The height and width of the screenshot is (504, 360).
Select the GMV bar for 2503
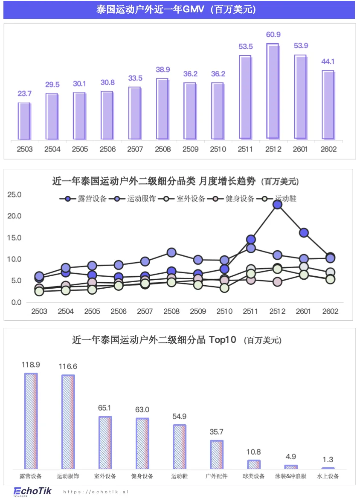pyautogui.click(x=24, y=121)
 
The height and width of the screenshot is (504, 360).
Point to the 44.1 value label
pyautogui.click(x=327, y=61)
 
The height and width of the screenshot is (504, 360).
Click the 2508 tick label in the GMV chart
pyautogui.click(x=163, y=149)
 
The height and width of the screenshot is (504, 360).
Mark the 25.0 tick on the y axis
pyautogui.click(x=14, y=195)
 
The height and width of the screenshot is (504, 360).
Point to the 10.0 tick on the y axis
pyautogui.click(x=14, y=259)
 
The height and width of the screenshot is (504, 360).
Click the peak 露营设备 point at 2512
pyautogui.click(x=277, y=205)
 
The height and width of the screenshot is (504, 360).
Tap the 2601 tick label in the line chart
pyautogui.click(x=303, y=311)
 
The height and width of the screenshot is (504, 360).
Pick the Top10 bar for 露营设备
pyautogui.click(x=31, y=421)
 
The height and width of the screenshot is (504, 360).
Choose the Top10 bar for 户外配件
pyautogui.click(x=217, y=455)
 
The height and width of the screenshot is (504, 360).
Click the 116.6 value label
pyautogui.click(x=68, y=366)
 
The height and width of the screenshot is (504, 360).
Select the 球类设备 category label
pyautogui.click(x=254, y=476)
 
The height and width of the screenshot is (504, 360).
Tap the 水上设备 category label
pyautogui.click(x=328, y=476)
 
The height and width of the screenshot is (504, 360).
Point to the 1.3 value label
pyautogui.click(x=328, y=460)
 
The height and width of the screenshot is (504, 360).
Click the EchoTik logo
pyautogui.click(x=32, y=491)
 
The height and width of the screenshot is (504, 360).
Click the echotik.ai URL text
pyautogui.click(x=96, y=492)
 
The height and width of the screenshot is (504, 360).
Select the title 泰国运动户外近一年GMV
pyautogui.click(x=179, y=9)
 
